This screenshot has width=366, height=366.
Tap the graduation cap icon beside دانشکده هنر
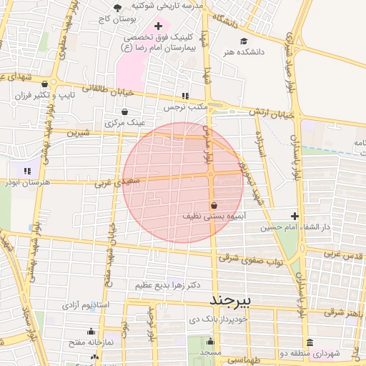click(244, 41)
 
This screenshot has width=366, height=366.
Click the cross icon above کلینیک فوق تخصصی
click(159, 26)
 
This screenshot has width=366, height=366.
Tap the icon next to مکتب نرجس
click(185, 96)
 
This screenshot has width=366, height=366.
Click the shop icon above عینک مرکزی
click(125, 112)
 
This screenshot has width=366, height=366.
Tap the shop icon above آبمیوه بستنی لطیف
click(214, 205)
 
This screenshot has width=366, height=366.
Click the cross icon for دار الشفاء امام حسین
click(295, 216)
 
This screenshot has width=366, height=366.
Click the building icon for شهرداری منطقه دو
click(309, 342)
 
